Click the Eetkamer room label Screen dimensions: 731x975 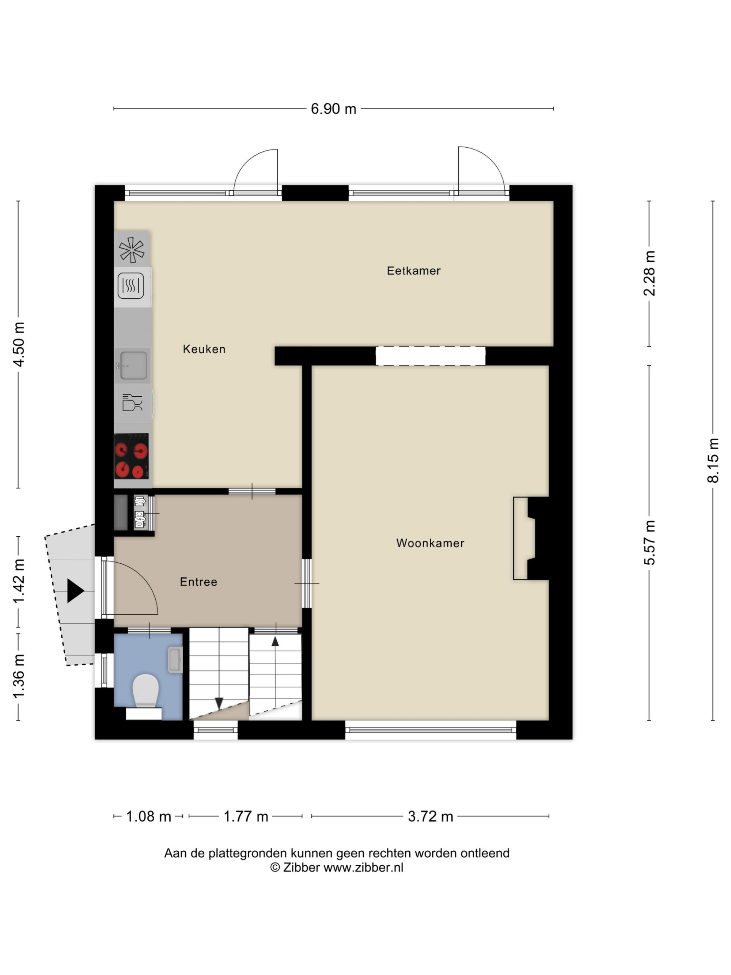[413, 271]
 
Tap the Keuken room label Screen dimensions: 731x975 [204, 349]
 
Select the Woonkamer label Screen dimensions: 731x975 [430, 543]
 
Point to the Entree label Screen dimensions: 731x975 [198, 582]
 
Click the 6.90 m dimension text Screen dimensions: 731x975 [334, 109]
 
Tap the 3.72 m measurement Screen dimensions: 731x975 [431, 817]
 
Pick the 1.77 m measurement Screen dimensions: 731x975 [246, 817]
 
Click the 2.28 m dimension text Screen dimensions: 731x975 [649, 273]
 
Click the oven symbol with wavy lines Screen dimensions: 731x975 [131, 286]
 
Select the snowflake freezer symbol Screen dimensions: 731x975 [132, 250]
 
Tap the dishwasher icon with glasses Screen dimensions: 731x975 [132, 403]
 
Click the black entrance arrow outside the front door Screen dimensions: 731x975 [75, 591]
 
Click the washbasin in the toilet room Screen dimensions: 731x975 [175, 660]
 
